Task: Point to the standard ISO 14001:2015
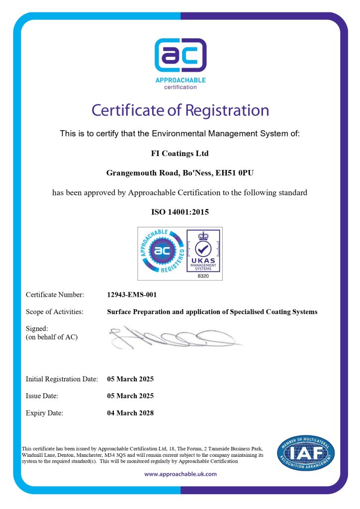point(180,212)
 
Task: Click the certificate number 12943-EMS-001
point(132,295)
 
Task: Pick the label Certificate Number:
point(55,295)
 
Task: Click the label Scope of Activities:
point(54,312)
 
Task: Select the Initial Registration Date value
point(130,379)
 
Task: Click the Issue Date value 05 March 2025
point(130,396)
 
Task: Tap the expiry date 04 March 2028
point(130,413)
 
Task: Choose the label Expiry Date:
point(44,413)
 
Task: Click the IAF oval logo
point(306,453)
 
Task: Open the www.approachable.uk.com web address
point(180,474)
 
